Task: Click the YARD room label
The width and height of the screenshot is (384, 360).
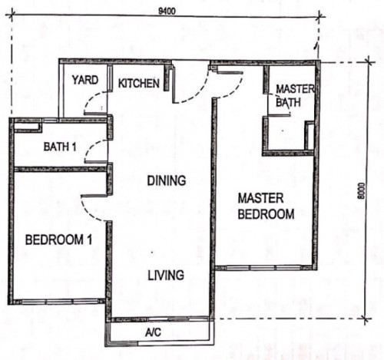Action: point(85,80)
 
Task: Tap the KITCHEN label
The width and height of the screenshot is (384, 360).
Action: point(139,84)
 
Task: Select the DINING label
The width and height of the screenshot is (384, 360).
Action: point(167,180)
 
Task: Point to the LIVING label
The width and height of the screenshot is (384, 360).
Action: point(166,276)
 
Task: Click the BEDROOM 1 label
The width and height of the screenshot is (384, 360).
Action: point(58,240)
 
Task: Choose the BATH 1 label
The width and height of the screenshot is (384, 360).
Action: point(60,147)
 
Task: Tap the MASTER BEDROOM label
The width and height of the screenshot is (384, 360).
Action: point(266,206)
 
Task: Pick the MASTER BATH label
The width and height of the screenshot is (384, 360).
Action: point(294,96)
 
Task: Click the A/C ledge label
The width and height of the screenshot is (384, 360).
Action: point(153,332)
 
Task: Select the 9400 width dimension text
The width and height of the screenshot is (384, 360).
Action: point(167,12)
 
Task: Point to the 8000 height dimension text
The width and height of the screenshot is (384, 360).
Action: point(361,190)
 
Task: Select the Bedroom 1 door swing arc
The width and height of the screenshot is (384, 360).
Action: point(88,213)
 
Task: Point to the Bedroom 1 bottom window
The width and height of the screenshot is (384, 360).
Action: point(59,302)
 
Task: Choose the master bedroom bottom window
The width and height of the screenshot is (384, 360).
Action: point(263,268)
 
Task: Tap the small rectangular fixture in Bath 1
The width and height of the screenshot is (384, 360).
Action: point(27,127)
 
